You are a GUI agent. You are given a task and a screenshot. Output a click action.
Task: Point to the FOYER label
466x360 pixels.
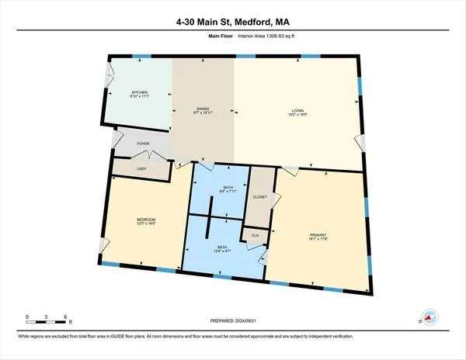click(143, 144)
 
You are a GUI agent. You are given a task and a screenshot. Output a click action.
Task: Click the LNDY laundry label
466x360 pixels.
click(141, 168)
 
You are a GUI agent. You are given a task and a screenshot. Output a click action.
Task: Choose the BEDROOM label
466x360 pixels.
click(147, 219)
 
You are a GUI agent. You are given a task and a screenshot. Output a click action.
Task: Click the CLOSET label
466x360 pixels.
click(260, 197)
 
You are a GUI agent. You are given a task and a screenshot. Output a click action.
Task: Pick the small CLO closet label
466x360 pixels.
click(255, 234)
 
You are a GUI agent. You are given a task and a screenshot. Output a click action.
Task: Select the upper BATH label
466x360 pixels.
click(228, 188)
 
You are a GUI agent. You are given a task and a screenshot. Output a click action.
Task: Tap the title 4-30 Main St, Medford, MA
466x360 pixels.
click(232, 22)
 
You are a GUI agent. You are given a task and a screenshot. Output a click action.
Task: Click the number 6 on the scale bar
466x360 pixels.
click(66, 316)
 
